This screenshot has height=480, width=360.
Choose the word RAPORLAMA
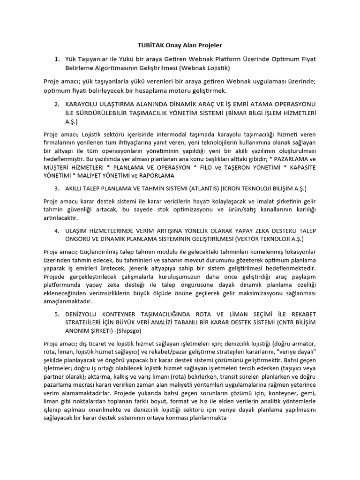point(152,175)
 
